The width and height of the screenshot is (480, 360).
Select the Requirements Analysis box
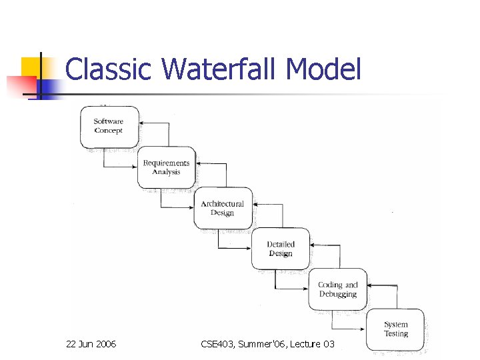click(x=167, y=167)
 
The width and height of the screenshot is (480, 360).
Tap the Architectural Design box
click(x=223, y=208)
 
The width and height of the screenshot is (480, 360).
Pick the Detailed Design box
click(x=280, y=249)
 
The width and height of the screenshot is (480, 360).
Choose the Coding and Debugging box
click(x=337, y=289)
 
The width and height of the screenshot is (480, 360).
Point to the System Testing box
click(x=395, y=329)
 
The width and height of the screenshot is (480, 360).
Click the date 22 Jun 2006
click(x=91, y=344)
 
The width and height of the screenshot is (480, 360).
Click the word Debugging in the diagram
click(x=338, y=294)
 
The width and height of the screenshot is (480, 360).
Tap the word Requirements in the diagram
click(x=167, y=163)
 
